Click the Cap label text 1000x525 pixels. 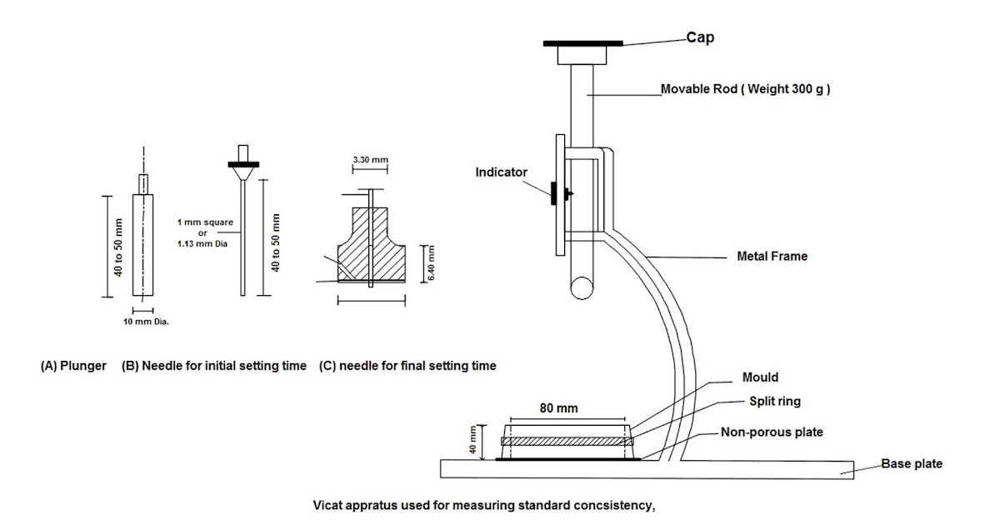702,37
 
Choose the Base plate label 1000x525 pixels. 912,463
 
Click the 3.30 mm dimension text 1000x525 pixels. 370,159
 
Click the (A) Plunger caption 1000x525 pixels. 73,365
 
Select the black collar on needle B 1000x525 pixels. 243,163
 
